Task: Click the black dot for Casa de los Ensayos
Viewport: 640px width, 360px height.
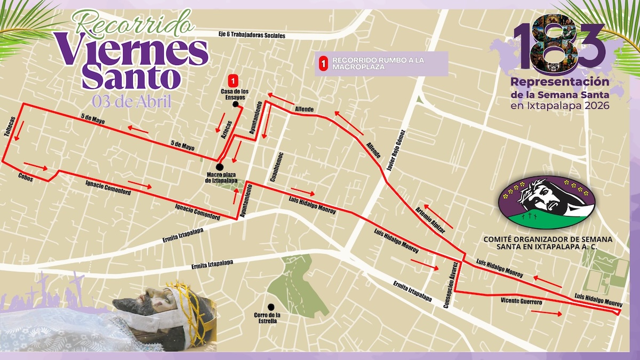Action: tap(235, 105)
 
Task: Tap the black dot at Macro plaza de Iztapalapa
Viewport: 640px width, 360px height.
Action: tap(219, 167)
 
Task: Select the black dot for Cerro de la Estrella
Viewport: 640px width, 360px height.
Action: tap(271, 307)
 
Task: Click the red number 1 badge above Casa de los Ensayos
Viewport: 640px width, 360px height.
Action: tap(233, 81)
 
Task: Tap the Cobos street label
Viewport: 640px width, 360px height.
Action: tap(26, 178)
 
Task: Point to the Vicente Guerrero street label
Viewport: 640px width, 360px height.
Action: tap(521, 302)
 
